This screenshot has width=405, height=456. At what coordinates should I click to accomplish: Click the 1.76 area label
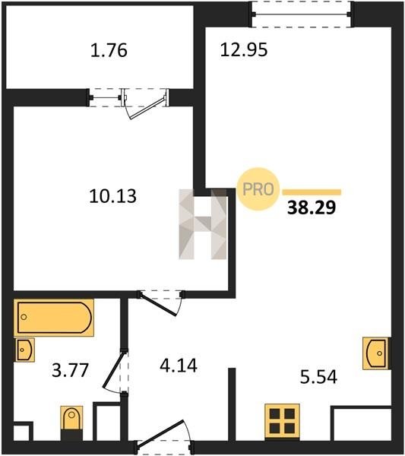[x=109, y=50]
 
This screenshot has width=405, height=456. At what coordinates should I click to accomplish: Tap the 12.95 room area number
[x=244, y=49]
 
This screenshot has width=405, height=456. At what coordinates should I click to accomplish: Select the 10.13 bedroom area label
[x=112, y=196]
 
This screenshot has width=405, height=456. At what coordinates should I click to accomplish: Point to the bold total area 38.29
[x=312, y=207]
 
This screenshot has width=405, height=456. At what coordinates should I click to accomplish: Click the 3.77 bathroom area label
[x=70, y=371]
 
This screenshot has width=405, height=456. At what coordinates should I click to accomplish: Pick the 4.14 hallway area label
[x=179, y=366]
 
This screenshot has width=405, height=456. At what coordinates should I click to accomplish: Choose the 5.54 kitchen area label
[x=318, y=377]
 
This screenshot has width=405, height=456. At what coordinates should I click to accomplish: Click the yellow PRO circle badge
[x=258, y=189]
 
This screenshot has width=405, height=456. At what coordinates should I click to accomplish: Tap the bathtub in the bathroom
[x=54, y=318]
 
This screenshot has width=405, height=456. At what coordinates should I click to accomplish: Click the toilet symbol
[x=71, y=423]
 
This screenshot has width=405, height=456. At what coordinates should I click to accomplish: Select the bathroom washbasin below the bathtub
[x=25, y=350]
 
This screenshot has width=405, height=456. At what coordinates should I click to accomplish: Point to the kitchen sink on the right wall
[x=377, y=353]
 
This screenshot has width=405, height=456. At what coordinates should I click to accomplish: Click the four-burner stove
[x=282, y=421]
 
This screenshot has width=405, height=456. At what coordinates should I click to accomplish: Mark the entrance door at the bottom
[x=164, y=438]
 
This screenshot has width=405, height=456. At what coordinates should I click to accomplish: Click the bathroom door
[x=116, y=372]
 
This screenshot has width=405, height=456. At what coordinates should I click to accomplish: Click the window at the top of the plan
[x=301, y=14]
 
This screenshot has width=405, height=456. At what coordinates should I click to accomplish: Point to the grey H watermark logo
[x=203, y=224]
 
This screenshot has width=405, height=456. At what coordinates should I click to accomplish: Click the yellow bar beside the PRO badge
[x=312, y=192]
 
